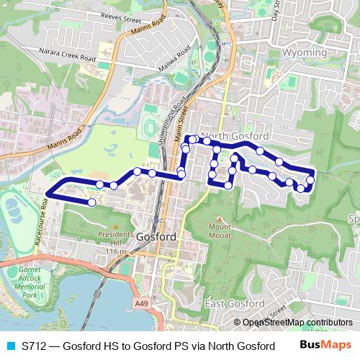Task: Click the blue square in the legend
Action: coord(9,346)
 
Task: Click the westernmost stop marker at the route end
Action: coord(92,202)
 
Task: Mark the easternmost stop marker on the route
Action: coord(311,180)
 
